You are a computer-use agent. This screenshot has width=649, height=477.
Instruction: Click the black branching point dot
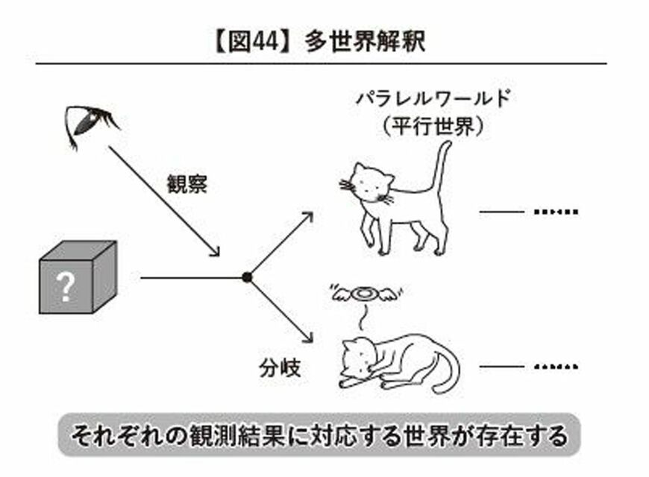(x=247, y=277)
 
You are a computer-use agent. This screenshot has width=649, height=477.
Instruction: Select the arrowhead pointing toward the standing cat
(x=307, y=217)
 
